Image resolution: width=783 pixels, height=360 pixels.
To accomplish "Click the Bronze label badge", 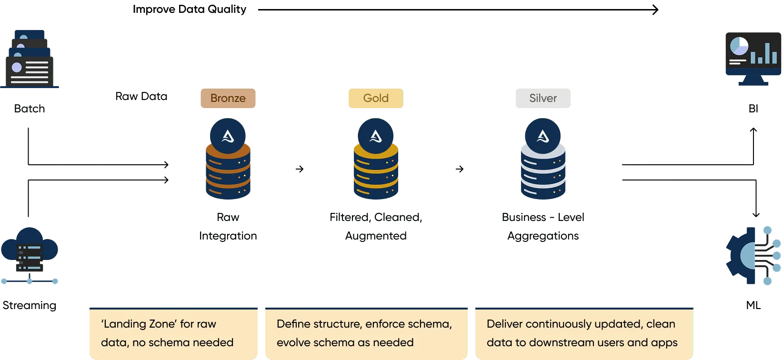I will [x=228, y=99].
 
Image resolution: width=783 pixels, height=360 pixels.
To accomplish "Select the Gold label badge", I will [x=375, y=99].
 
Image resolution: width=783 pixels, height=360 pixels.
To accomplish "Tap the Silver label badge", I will [x=542, y=99].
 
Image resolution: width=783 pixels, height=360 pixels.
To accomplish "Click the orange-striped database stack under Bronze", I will [x=228, y=174].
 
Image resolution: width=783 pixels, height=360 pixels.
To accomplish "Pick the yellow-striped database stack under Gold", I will [x=376, y=174].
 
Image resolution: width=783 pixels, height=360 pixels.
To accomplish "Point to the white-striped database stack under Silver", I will [x=543, y=174].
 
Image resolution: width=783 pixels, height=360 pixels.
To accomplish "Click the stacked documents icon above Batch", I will [x=30, y=60].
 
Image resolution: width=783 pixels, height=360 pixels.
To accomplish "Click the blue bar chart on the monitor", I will [x=764, y=53].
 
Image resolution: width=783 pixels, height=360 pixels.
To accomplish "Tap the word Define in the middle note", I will [x=292, y=324].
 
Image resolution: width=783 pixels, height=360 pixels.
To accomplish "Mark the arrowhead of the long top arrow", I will [x=655, y=10].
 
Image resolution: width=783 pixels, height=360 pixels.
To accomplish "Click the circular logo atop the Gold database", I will [x=376, y=136].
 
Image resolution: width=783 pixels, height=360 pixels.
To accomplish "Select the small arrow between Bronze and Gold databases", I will [x=300, y=170].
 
